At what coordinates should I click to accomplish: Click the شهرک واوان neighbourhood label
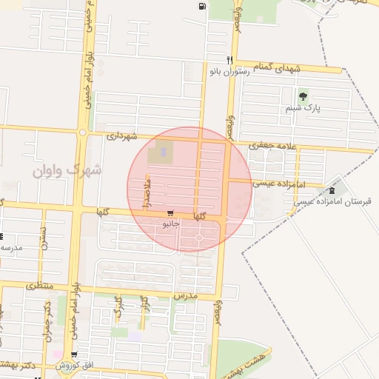pyautogui.click(x=67, y=170)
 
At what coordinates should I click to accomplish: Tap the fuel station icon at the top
pyautogui.click(x=202, y=7)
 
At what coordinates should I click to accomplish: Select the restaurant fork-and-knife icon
pyautogui.click(x=230, y=60)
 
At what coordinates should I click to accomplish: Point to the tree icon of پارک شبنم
pyautogui.click(x=302, y=96)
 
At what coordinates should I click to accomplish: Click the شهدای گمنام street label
pyautogui.click(x=278, y=68)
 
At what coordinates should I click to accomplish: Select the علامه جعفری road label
pyautogui.click(x=272, y=145)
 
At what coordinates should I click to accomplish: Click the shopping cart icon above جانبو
pyautogui.click(x=171, y=212)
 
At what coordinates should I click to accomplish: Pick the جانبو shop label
pyautogui.click(x=171, y=223)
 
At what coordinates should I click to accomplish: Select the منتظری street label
pyautogui.click(x=40, y=285)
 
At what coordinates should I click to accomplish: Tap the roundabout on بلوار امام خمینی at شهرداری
pyautogui.click(x=83, y=133)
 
